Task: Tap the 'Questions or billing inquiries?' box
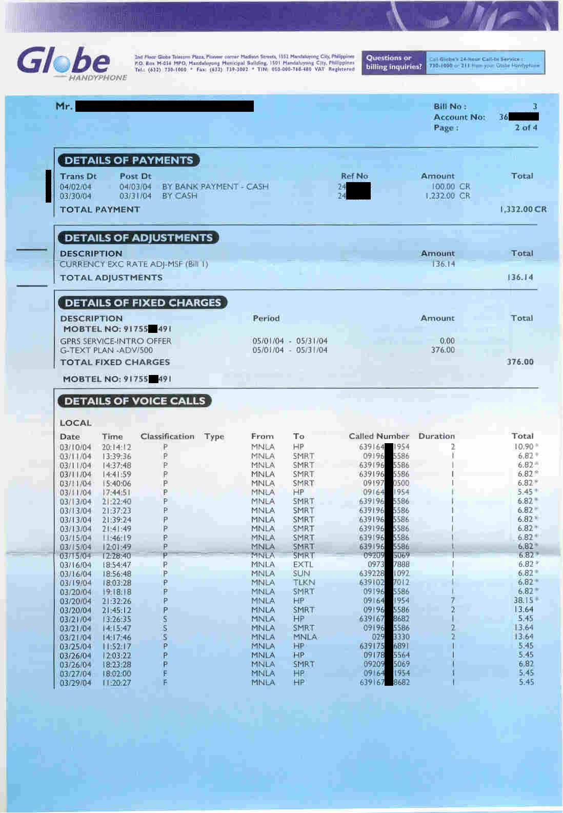click(x=394, y=63)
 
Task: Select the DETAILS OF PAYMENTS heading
click(x=129, y=160)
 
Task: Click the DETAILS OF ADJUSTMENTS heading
click(x=138, y=237)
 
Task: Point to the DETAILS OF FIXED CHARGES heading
click(x=143, y=303)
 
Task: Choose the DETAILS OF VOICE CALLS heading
click(x=135, y=401)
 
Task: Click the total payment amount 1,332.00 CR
click(x=522, y=209)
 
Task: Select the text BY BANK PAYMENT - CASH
click(x=215, y=187)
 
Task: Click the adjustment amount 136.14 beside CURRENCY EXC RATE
click(x=443, y=264)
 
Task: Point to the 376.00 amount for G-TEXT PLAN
click(x=443, y=350)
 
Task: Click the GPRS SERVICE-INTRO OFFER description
click(x=116, y=341)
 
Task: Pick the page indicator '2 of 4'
click(x=526, y=128)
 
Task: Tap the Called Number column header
click(x=379, y=436)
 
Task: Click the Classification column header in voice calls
click(x=167, y=437)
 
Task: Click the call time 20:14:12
click(x=116, y=447)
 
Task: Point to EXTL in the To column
click(x=303, y=565)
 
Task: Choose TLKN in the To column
click(x=304, y=583)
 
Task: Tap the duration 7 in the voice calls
click(x=453, y=601)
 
